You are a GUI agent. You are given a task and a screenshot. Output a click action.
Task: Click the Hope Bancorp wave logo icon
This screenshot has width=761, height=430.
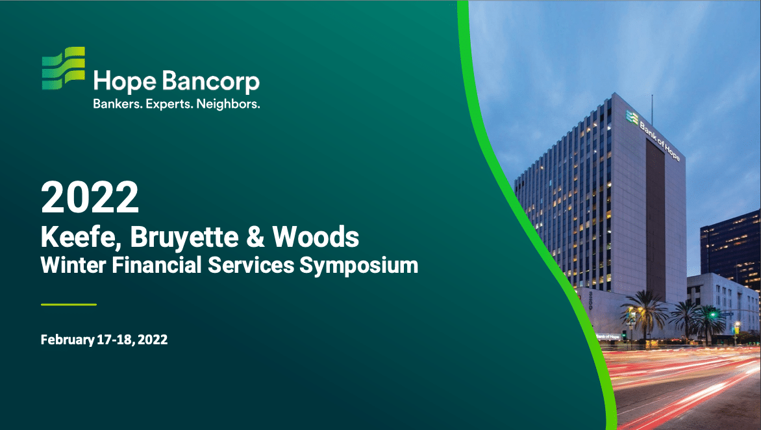(63, 68)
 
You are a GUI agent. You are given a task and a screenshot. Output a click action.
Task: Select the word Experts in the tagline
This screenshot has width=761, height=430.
(169, 104)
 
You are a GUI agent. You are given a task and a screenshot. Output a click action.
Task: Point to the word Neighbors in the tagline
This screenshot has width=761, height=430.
(228, 104)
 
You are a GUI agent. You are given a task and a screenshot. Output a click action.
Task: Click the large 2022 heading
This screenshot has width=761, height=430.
(90, 197)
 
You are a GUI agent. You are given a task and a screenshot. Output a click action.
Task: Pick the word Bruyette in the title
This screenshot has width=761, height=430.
(184, 237)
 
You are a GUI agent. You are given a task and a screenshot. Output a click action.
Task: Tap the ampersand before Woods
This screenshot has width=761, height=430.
(255, 237)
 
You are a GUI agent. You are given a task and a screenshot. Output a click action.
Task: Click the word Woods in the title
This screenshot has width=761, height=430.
(316, 237)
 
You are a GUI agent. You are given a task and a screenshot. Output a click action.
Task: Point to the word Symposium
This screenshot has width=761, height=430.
(358, 266)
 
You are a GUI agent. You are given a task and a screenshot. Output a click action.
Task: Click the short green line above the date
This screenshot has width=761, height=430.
(69, 304)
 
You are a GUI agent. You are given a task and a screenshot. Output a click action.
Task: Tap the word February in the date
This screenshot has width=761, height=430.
(68, 340)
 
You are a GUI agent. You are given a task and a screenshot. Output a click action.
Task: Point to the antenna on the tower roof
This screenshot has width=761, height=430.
(652, 110)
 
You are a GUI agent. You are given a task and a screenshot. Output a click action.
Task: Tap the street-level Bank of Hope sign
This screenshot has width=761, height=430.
(608, 336)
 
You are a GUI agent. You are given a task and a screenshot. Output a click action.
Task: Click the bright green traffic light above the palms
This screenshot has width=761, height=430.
(712, 314)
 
